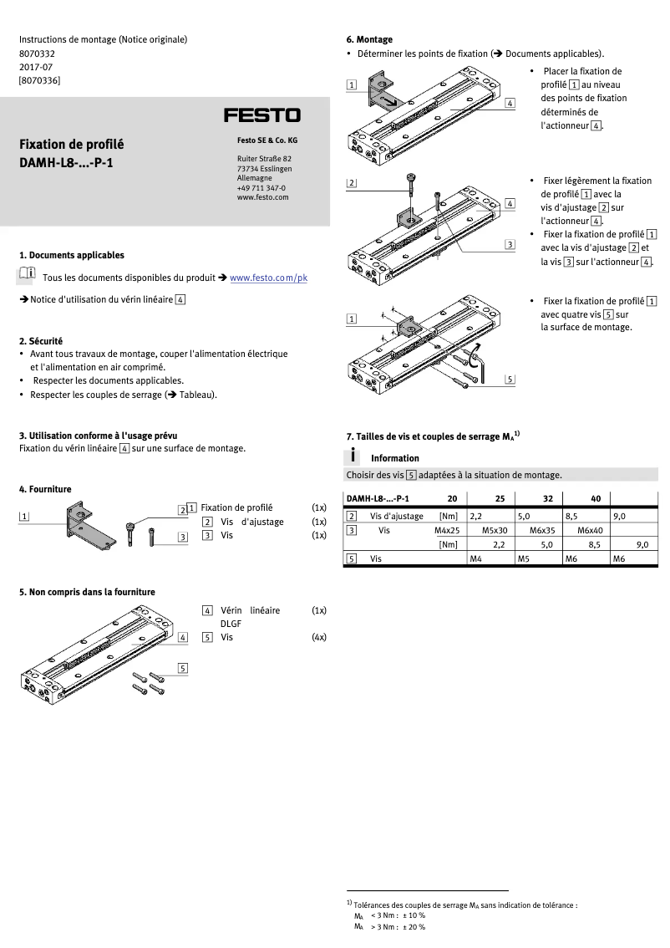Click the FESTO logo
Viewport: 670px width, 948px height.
[x=261, y=115]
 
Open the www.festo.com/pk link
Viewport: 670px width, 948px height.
[x=268, y=278]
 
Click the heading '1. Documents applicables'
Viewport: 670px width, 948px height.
[x=71, y=255]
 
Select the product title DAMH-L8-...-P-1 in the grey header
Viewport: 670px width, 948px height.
[x=66, y=162]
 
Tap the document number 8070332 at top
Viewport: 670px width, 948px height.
[x=37, y=53]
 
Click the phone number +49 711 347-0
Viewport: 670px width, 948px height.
[x=261, y=188]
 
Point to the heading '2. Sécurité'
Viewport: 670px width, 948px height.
[x=41, y=341]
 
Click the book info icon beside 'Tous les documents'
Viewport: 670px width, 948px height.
[x=26, y=274]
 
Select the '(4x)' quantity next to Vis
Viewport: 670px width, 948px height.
[x=318, y=636]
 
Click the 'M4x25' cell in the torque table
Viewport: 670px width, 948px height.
[x=447, y=530]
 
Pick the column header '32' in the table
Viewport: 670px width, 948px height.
[x=547, y=499]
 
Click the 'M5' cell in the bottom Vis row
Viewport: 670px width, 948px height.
[x=524, y=558]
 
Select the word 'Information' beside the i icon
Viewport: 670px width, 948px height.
[x=394, y=458]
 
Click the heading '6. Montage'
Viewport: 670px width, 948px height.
[x=369, y=39]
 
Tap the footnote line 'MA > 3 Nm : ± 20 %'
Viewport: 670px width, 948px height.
[x=389, y=927]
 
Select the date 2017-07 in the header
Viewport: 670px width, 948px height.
[x=34, y=66]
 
